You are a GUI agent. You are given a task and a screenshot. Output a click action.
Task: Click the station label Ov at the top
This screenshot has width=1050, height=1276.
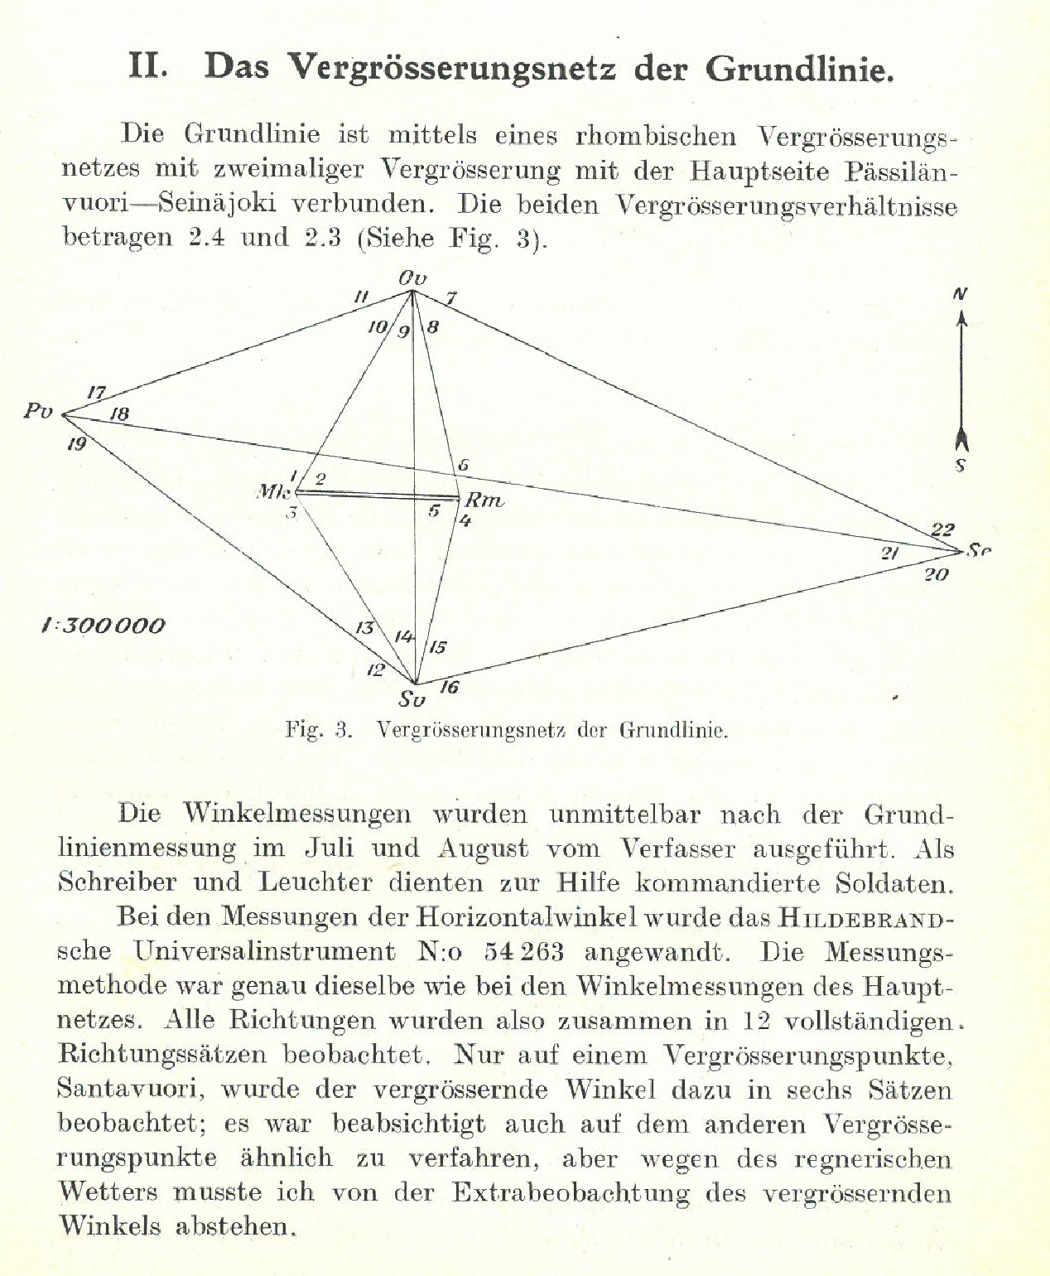tap(412, 278)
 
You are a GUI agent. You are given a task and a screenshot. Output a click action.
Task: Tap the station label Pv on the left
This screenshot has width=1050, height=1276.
tap(38, 410)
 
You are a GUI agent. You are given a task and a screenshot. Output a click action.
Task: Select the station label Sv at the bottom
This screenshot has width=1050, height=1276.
tap(412, 699)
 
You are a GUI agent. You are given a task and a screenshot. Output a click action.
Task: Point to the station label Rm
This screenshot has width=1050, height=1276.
tap(484, 500)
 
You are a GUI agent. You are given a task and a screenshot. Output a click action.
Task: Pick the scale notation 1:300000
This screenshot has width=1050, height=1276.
tap(104, 625)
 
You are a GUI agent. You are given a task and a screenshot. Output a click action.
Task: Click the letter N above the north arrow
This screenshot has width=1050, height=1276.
tap(961, 294)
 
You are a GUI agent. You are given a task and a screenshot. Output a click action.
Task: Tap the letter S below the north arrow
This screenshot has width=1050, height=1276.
tap(961, 466)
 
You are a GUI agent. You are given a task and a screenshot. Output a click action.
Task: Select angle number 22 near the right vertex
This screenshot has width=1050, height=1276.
tap(942, 529)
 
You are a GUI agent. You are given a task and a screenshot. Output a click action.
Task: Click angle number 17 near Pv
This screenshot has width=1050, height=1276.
tap(97, 393)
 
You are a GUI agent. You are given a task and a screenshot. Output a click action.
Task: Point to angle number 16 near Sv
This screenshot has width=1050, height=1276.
tap(449, 686)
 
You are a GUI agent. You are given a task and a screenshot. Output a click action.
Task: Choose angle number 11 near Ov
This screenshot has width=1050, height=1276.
tap(361, 297)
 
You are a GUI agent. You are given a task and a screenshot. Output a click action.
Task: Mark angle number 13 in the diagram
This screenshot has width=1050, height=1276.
tap(365, 628)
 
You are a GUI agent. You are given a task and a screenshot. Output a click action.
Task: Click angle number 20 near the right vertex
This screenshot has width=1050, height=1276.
tap(936, 574)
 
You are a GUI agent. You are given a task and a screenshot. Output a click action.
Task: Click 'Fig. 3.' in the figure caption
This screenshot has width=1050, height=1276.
tap(319, 730)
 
